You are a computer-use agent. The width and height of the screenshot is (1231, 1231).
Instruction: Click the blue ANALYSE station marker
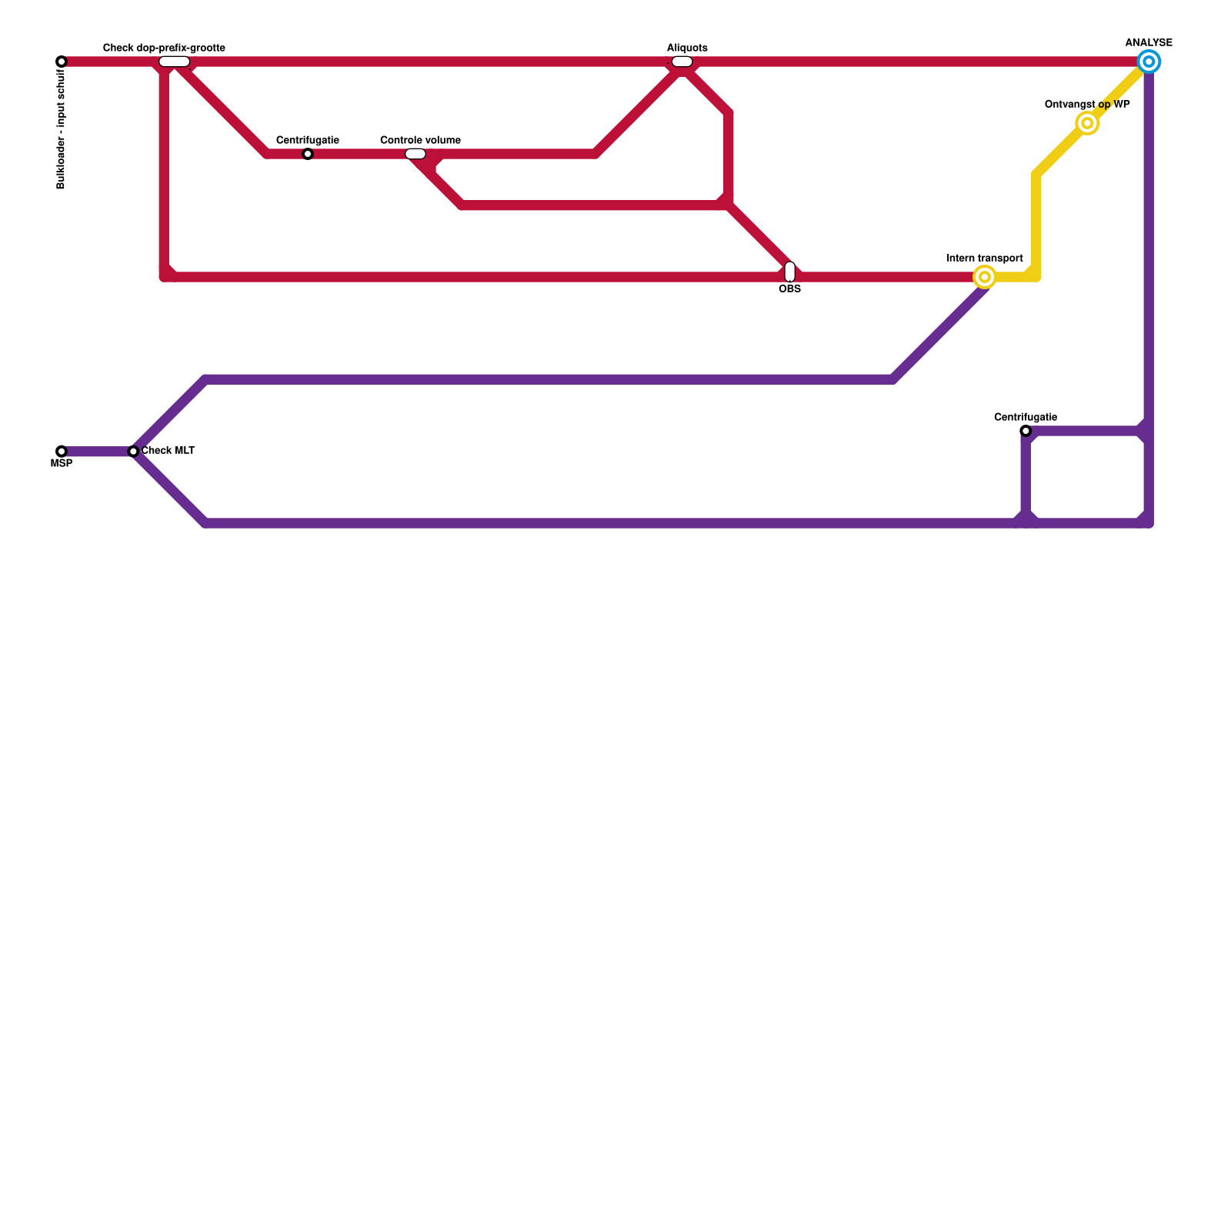click(x=1149, y=62)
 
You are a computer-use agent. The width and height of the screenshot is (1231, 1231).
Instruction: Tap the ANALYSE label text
click(x=1149, y=43)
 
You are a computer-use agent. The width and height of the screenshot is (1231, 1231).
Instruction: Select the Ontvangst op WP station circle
click(x=1087, y=123)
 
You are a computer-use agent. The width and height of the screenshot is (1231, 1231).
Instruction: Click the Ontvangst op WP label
click(x=1087, y=105)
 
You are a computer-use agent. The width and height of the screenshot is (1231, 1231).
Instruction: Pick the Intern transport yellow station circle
click(x=985, y=277)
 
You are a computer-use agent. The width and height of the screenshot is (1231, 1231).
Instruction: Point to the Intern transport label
click(x=985, y=259)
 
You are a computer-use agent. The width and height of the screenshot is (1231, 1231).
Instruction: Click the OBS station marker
click(x=790, y=272)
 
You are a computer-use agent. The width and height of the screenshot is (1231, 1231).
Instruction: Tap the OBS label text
click(x=790, y=289)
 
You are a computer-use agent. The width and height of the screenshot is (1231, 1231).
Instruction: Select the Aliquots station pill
click(x=682, y=62)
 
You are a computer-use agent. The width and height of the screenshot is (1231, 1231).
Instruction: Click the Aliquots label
click(x=687, y=48)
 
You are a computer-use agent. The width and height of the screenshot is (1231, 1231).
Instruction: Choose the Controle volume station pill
click(x=415, y=154)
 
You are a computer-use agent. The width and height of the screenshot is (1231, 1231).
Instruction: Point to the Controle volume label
click(x=420, y=140)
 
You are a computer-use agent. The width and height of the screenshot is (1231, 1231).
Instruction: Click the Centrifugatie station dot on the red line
click(x=308, y=154)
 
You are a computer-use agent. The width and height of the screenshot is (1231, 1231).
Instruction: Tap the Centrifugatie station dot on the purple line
click(x=1026, y=431)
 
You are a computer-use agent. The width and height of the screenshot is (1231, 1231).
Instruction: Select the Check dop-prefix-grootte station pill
click(x=175, y=62)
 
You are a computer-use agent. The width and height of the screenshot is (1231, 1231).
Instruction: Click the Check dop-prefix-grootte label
click(x=164, y=48)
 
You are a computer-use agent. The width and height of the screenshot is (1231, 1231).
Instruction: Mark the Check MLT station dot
click(x=133, y=452)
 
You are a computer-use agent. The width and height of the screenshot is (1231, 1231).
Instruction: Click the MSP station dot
click(x=62, y=452)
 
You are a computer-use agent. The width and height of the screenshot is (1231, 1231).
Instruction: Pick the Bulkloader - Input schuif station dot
click(x=62, y=62)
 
